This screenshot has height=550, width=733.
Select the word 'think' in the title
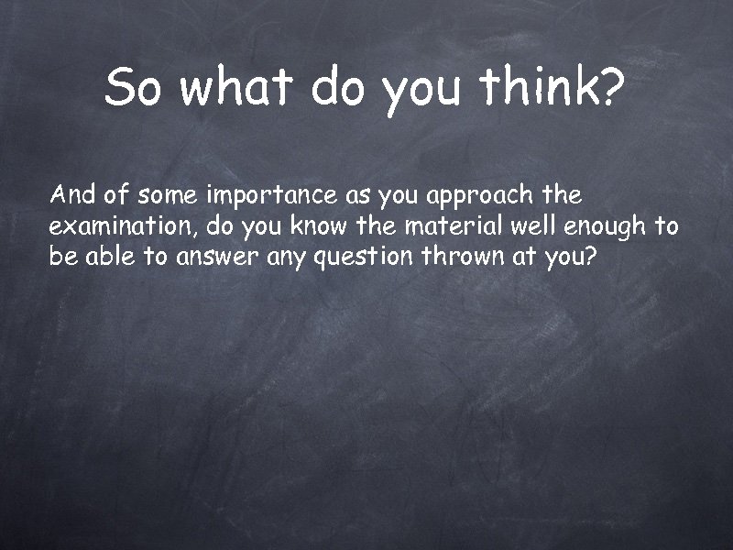click(x=540, y=88)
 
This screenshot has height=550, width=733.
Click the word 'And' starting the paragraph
click(x=69, y=195)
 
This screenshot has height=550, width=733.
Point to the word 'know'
click(x=316, y=226)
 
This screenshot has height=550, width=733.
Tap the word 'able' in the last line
click(x=109, y=257)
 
